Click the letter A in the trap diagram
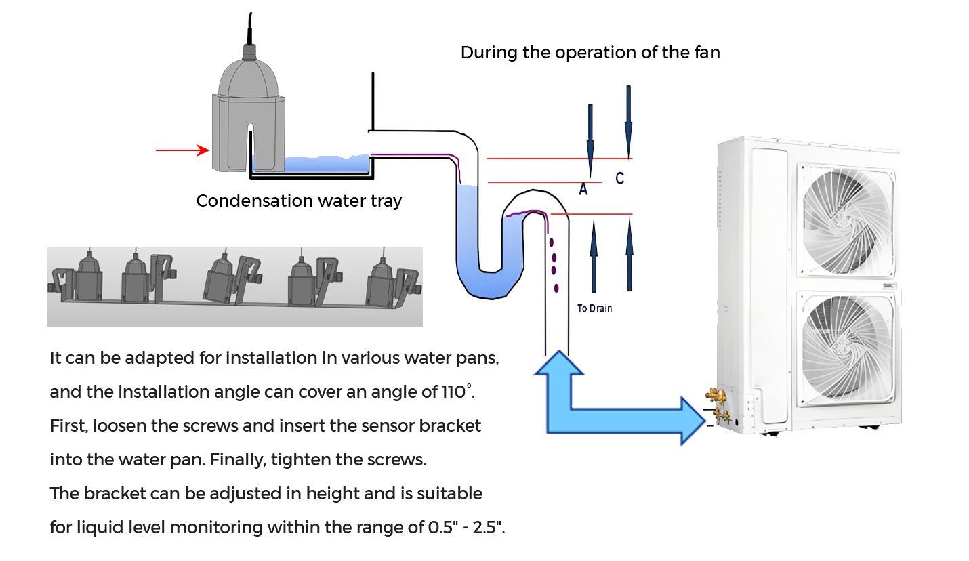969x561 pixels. coord(583,190)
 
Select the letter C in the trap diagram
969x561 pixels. coord(619,178)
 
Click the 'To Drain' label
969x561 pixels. coord(594,309)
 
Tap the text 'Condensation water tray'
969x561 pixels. coord(299,201)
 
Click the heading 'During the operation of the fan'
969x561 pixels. coord(590,53)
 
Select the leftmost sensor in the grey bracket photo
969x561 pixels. coord(87,278)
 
